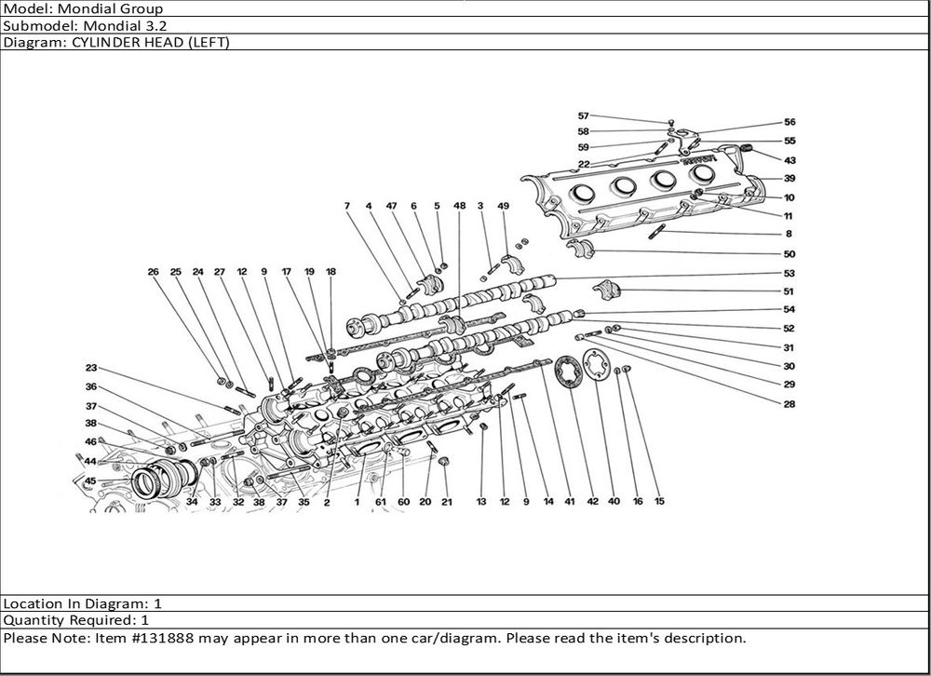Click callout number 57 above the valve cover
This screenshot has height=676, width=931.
(584, 116)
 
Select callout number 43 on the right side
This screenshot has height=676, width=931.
(789, 160)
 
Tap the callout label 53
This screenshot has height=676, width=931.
(789, 274)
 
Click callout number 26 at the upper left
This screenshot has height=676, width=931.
(153, 272)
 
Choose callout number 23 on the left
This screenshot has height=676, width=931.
(91, 368)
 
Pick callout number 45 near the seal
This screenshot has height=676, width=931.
(90, 480)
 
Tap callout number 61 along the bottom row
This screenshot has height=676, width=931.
(381, 502)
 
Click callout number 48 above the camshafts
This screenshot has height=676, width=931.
(460, 205)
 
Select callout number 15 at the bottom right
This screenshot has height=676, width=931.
(659, 502)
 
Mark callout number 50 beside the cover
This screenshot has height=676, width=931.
(789, 254)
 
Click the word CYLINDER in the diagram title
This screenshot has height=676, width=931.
(104, 43)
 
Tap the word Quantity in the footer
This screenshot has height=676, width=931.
(34, 620)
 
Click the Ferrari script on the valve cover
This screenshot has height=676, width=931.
(698, 162)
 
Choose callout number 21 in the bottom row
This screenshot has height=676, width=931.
(446, 502)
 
